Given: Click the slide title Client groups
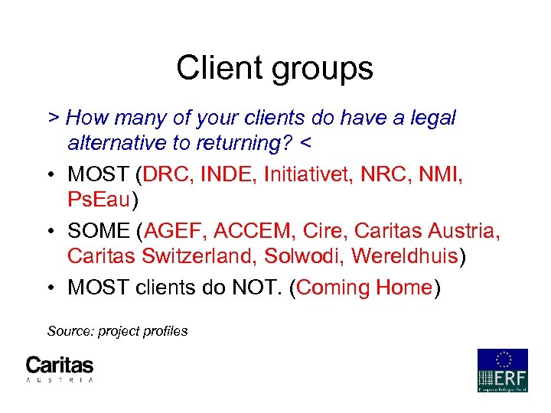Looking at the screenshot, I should pyautogui.click(x=275, y=68).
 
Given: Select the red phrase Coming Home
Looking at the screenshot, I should pyautogui.click(x=364, y=288).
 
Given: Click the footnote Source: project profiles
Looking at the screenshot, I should pyautogui.click(x=117, y=331).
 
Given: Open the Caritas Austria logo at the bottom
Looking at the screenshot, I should pyautogui.click(x=60, y=369).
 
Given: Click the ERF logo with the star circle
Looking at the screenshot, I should pyautogui.click(x=503, y=370).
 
